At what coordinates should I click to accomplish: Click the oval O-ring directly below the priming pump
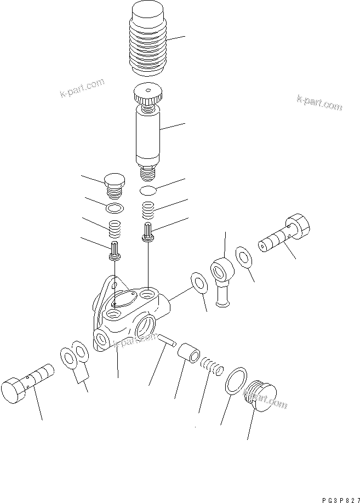148,190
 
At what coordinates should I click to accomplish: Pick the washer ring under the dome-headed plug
114,208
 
